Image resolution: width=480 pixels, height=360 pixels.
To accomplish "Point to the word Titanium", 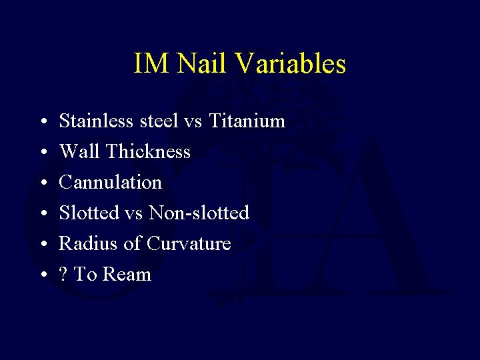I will tap(247, 121).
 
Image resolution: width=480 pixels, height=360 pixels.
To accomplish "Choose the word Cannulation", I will tap(110, 183).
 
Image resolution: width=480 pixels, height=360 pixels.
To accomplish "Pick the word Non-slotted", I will tap(199, 213).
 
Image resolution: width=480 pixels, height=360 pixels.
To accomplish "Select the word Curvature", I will tap(189, 244).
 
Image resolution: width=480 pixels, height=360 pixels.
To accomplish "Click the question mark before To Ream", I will tap(63, 275).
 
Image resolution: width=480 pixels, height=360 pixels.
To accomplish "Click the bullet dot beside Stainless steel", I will tap(42, 123).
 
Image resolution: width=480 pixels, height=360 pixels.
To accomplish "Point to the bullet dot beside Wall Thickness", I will tap(42, 153).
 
